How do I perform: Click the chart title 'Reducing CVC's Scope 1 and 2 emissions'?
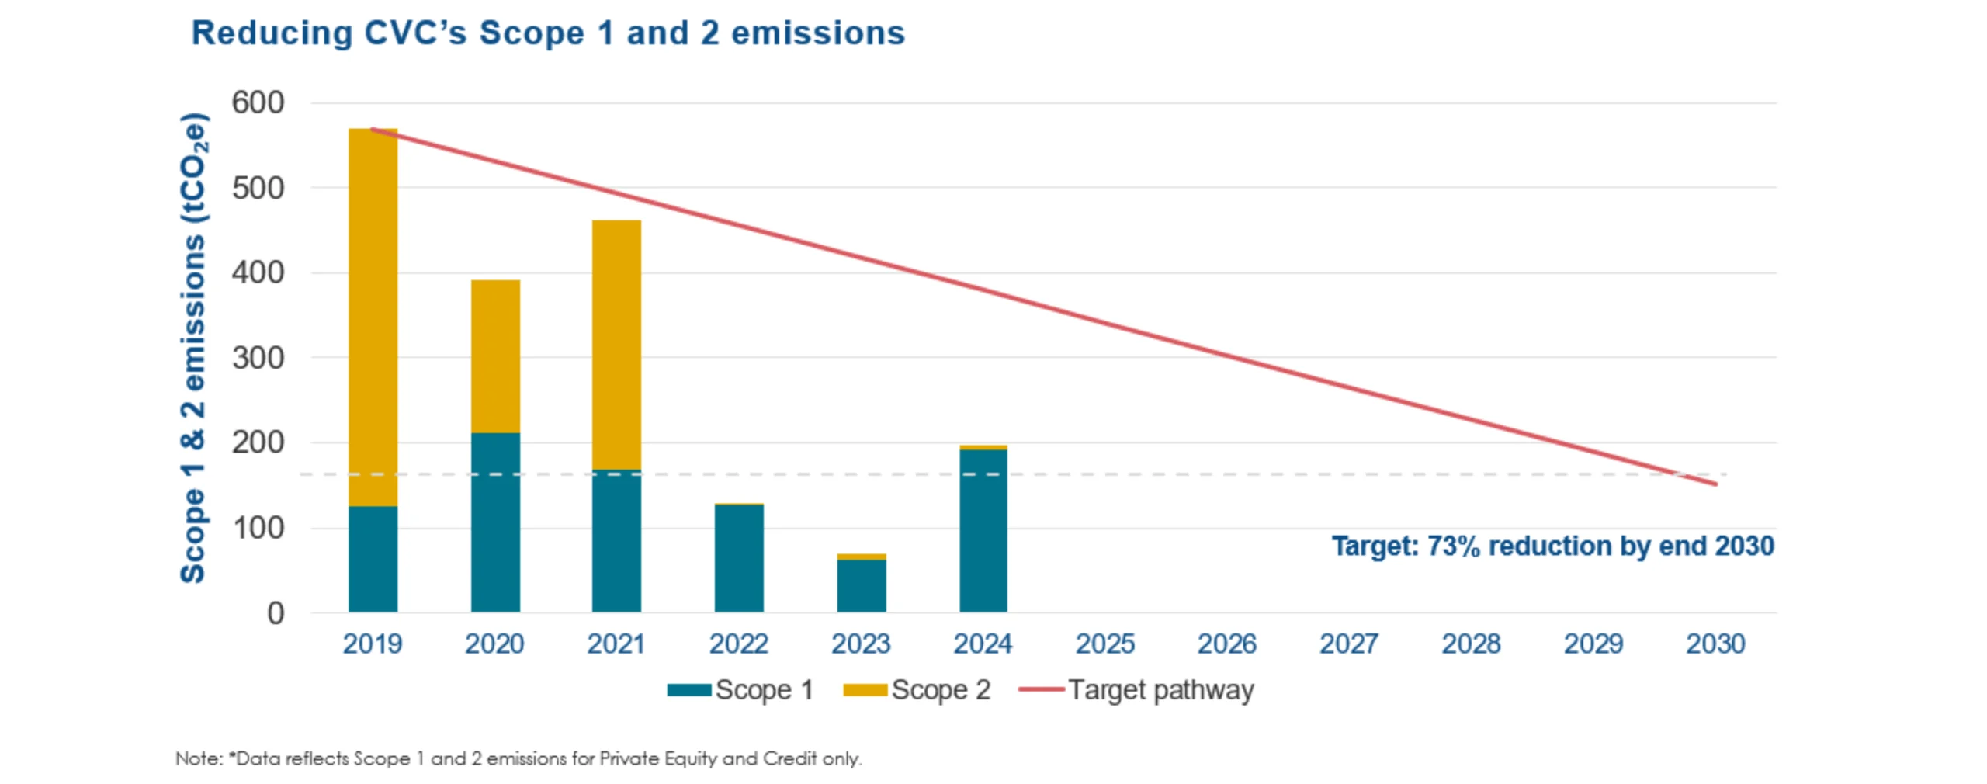[548, 33]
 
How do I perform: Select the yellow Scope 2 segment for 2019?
[373, 310]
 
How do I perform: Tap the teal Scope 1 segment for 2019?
[373, 559]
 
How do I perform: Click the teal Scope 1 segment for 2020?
[495, 528]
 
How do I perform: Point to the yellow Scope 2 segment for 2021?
[616, 342]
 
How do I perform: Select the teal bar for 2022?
[739, 559]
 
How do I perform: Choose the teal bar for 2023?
[862, 586]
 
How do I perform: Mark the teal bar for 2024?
[983, 536]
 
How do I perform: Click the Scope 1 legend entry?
[741, 690]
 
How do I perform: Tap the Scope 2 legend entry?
[917, 690]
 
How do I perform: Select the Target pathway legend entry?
[1138, 690]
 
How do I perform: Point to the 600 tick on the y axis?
[258, 102]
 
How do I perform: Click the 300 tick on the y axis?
[258, 358]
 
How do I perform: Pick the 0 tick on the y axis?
[276, 613]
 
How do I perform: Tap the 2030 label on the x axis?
[1715, 644]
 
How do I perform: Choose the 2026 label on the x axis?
[1227, 644]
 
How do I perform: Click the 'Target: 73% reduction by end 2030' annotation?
[1552, 546]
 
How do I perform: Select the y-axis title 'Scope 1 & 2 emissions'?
[193, 349]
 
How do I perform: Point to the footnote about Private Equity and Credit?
[518, 758]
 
